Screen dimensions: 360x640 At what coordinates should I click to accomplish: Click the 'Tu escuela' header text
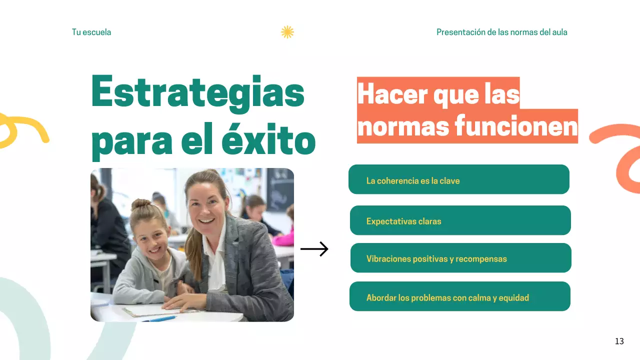pyautogui.click(x=91, y=32)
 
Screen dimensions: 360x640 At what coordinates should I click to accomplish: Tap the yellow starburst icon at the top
pyautogui.click(x=287, y=32)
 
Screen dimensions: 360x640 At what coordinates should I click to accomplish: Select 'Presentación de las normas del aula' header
pyautogui.click(x=501, y=32)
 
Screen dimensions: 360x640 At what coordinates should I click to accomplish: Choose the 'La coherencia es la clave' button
pyautogui.click(x=458, y=179)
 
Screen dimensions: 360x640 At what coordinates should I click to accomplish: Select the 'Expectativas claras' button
pyautogui.click(x=460, y=220)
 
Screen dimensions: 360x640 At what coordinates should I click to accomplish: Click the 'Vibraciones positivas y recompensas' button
pyautogui.click(x=460, y=258)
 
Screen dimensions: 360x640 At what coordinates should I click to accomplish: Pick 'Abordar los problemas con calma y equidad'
pyautogui.click(x=459, y=296)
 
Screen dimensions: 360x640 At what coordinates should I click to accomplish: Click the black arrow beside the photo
pyautogui.click(x=314, y=249)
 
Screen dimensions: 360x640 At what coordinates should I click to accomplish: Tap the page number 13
pyautogui.click(x=619, y=341)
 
